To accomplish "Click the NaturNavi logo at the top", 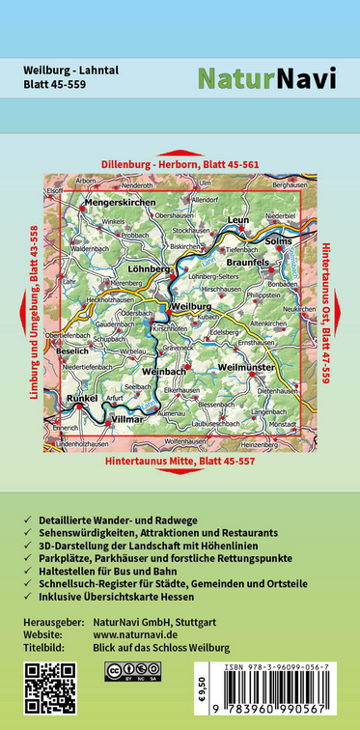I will pyautogui.click(x=266, y=77).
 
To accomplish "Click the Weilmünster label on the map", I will pyautogui.click(x=247, y=367).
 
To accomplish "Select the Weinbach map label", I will pyautogui.click(x=163, y=371).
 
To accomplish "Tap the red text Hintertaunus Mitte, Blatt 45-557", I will pyautogui.click(x=179, y=463).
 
